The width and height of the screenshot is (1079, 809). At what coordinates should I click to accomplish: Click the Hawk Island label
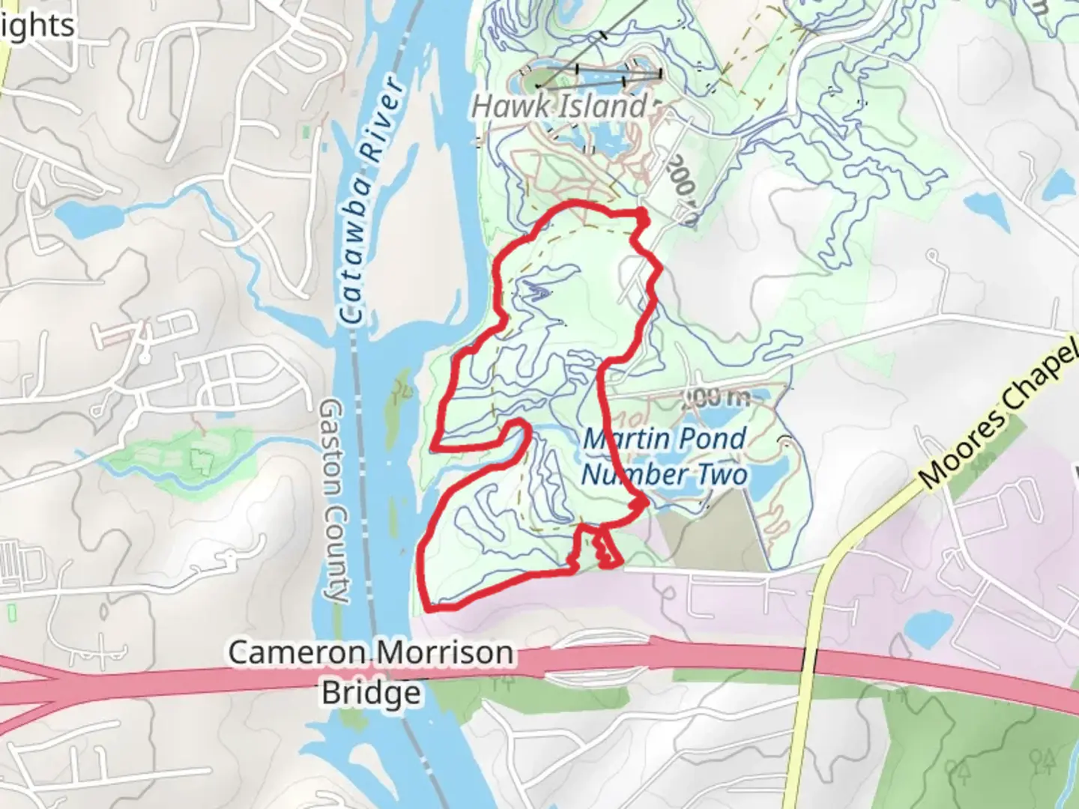pyautogui.click(x=559, y=106)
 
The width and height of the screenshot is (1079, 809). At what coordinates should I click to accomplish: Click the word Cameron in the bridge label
pyautogui.click(x=297, y=652)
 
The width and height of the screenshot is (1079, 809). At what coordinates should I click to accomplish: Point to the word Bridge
pyautogui.click(x=371, y=693)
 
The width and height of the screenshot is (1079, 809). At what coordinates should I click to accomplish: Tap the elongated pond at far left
pyautogui.click(x=88, y=217)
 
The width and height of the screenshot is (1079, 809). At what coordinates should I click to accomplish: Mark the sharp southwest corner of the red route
pyautogui.click(x=429, y=606)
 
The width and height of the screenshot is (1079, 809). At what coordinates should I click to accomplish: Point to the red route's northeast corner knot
pyautogui.click(x=642, y=217)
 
